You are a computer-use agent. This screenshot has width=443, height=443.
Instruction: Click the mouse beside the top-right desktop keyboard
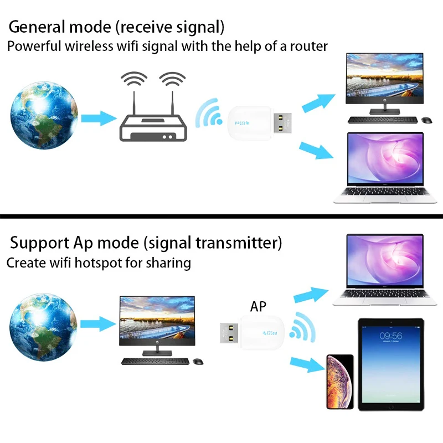click(426, 120)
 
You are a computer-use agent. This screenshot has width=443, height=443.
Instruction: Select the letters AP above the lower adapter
click(258, 306)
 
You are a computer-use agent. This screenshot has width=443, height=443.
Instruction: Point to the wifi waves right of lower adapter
click(301, 327)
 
